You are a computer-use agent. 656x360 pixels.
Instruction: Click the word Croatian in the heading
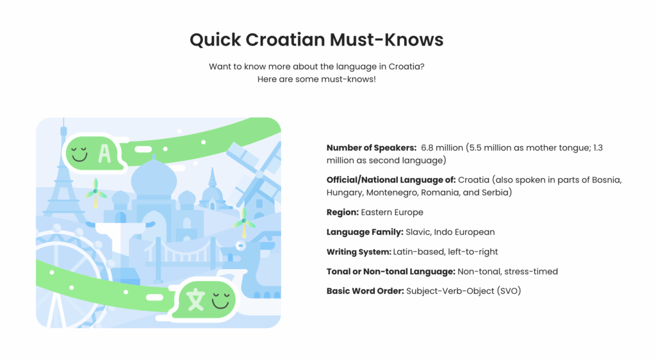tap(285, 40)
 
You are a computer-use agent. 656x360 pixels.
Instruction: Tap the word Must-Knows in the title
tap(386, 40)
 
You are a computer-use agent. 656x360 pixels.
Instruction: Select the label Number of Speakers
tap(372, 147)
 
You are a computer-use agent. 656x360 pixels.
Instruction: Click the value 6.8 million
tap(442, 147)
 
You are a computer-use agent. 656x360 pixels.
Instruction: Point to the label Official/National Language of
tap(391, 180)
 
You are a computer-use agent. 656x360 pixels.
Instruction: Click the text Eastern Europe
tap(392, 213)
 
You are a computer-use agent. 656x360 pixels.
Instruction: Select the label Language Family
tap(365, 232)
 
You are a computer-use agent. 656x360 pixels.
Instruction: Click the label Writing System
tap(359, 252)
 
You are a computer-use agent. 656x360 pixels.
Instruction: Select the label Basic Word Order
tap(365, 291)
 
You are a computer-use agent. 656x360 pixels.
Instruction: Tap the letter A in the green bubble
tap(104, 153)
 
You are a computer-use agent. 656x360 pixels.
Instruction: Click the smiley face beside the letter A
tap(79, 154)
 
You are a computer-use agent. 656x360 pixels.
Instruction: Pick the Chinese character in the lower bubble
tap(196, 300)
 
